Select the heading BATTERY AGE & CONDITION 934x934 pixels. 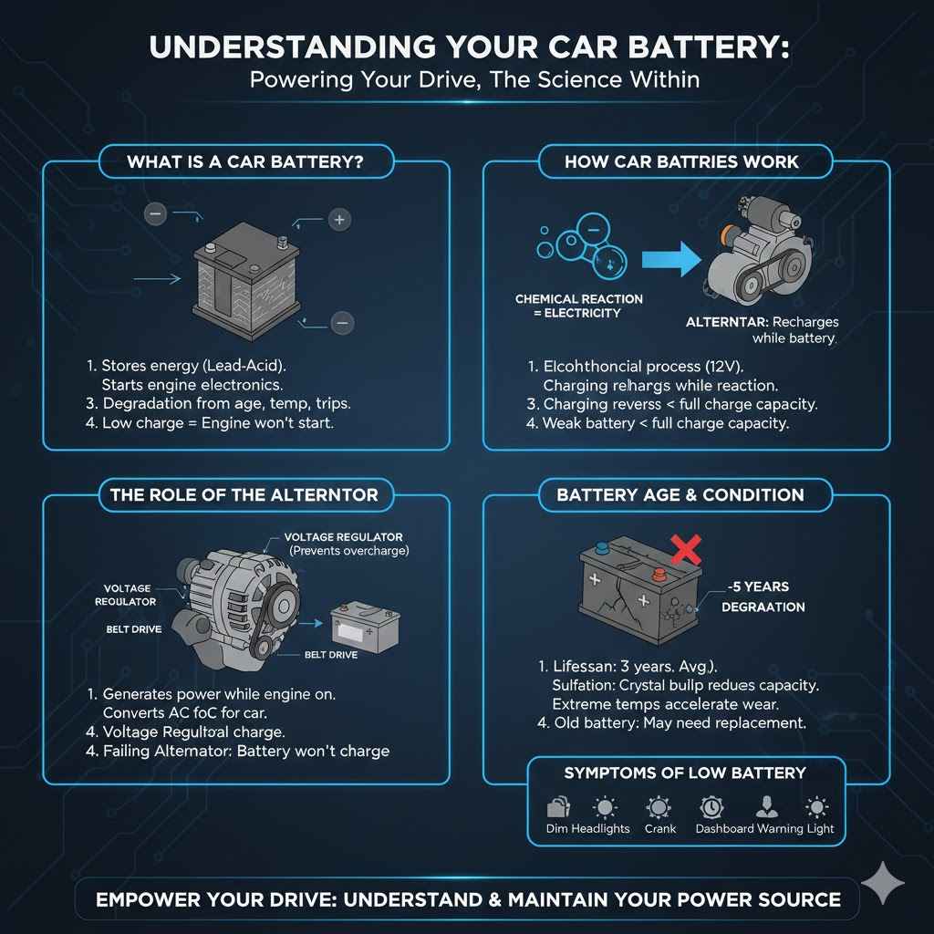pyautogui.click(x=681, y=495)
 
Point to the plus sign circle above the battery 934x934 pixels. pyautogui.click(x=338, y=219)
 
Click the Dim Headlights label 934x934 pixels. pyautogui.click(x=588, y=828)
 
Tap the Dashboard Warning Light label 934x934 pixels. pyautogui.click(x=764, y=828)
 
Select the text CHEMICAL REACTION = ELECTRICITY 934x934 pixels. pyautogui.click(x=578, y=306)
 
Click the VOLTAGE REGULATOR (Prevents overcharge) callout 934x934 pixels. pyautogui.click(x=344, y=545)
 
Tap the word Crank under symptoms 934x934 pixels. pyautogui.click(x=659, y=828)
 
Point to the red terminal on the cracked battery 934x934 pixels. pyautogui.click(x=659, y=574)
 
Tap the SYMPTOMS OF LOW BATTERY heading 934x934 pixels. pyautogui.click(x=685, y=773)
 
